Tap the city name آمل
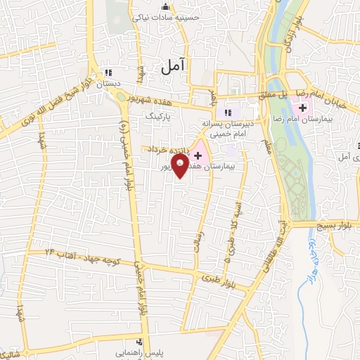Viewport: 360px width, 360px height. (x=172, y=67)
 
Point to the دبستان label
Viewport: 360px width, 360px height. (x=108, y=83)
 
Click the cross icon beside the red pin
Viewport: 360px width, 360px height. (x=198, y=154)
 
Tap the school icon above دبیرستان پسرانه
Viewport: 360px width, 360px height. (x=226, y=112)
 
